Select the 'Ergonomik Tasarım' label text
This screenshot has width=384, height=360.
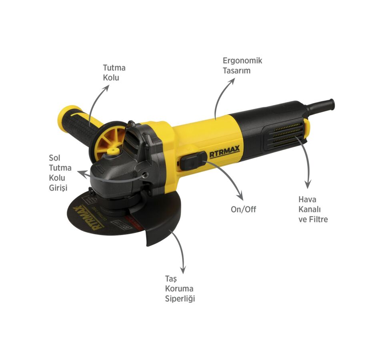[x=242, y=65]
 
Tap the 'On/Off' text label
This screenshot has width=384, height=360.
[x=244, y=209]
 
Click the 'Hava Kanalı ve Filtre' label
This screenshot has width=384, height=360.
[x=313, y=209]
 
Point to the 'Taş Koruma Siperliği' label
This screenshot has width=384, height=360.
[x=180, y=288]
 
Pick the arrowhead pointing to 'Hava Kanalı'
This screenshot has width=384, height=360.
[x=307, y=185]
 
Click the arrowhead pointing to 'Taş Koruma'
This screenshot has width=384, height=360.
[x=183, y=271]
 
